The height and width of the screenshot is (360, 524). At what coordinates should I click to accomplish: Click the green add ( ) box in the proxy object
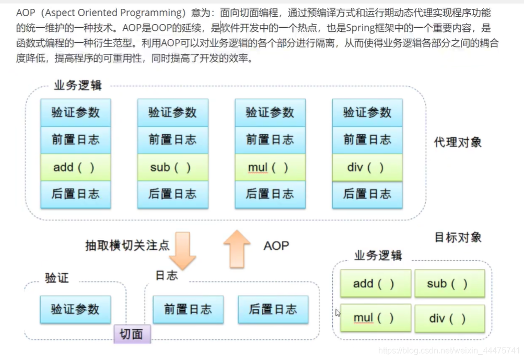pos(76,168)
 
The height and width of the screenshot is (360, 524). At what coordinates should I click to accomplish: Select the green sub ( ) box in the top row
pos(172,168)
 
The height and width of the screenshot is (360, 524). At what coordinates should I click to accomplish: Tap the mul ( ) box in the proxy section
pos(270,168)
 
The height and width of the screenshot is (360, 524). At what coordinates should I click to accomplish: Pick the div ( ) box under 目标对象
pos(449,318)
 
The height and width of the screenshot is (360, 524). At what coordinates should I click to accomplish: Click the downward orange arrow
pos(182,250)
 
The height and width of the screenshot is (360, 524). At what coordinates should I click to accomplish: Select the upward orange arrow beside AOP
pos(237,249)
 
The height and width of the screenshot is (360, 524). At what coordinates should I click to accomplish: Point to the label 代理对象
pos(458,142)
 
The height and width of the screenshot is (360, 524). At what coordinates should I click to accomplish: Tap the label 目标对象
pos(458,237)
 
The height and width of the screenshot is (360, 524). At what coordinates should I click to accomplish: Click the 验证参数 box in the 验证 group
pos(75,309)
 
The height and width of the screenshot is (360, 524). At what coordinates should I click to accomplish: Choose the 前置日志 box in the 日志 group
pos(188,309)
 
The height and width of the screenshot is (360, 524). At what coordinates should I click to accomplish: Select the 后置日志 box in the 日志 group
pos(273,309)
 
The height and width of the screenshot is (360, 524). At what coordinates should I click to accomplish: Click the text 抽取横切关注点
pos(127,245)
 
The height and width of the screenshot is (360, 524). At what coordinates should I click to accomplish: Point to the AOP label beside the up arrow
pos(276,246)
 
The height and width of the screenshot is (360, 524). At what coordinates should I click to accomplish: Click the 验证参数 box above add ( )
pos(76,112)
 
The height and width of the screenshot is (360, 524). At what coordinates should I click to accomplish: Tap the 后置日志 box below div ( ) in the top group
pos(367,194)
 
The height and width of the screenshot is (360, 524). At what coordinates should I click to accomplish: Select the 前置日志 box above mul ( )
pos(270,140)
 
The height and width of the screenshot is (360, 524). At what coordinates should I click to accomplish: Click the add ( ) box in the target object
pos(375,284)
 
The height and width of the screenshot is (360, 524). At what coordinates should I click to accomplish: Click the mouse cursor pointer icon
pos(338,312)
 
